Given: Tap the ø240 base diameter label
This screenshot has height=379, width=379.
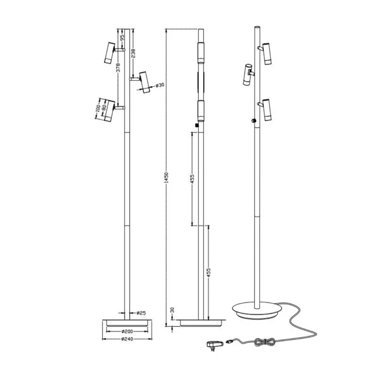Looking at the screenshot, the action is click(127, 339).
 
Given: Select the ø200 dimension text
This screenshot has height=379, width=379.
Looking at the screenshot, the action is click(127, 331).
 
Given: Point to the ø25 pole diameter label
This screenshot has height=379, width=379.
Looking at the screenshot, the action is click(141, 313).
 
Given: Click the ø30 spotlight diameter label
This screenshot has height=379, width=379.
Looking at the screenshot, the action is click(160, 85).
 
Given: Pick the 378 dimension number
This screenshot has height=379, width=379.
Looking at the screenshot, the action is click(118, 68).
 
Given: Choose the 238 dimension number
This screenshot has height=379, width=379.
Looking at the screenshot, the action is click(133, 54).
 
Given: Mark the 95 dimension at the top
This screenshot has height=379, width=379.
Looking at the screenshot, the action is click(122, 37).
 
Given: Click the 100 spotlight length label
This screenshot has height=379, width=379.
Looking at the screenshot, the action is click(98, 108).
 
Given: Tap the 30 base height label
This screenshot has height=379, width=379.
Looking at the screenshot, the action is click(172, 310).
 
